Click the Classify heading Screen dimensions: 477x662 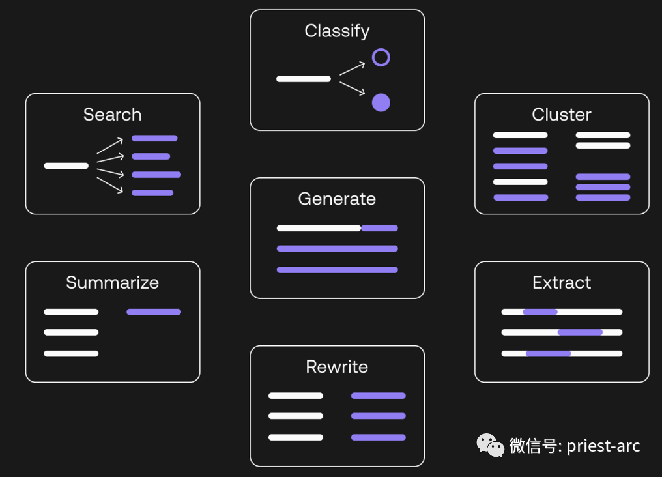pyautogui.click(x=337, y=31)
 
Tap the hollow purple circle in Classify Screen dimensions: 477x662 pyautogui.click(x=381, y=57)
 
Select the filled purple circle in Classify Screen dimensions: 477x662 pyautogui.click(x=381, y=102)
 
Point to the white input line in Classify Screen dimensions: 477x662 pyautogui.click(x=304, y=79)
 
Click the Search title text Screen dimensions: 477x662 pyautogui.click(x=112, y=115)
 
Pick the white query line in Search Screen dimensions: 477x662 pyautogui.click(x=66, y=166)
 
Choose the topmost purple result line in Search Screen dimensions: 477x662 pyautogui.click(x=154, y=138)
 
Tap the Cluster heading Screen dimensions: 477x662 pyautogui.click(x=561, y=115)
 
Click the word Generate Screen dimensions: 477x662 pyautogui.click(x=337, y=199)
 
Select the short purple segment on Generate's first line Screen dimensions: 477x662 pyautogui.click(x=380, y=228)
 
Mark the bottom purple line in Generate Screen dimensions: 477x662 pyautogui.click(x=337, y=270)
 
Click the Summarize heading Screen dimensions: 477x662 pyautogui.click(x=112, y=283)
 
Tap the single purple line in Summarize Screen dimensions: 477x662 pyautogui.click(x=154, y=312)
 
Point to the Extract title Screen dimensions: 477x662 pyautogui.click(x=561, y=283)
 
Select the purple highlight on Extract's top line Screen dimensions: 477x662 pyautogui.click(x=540, y=312)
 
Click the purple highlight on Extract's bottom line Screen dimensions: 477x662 pyautogui.click(x=549, y=354)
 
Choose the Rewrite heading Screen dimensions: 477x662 pyautogui.click(x=337, y=367)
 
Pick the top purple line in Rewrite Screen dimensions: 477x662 pyautogui.click(x=379, y=396)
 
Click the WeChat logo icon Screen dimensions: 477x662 pyautogui.click(x=491, y=446)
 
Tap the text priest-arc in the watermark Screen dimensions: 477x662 pyautogui.click(x=603, y=446)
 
